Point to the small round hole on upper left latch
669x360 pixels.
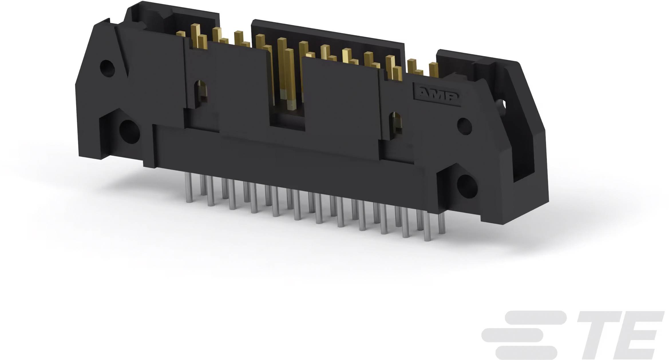tap(107, 68)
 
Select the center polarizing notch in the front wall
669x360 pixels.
tap(287, 120)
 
